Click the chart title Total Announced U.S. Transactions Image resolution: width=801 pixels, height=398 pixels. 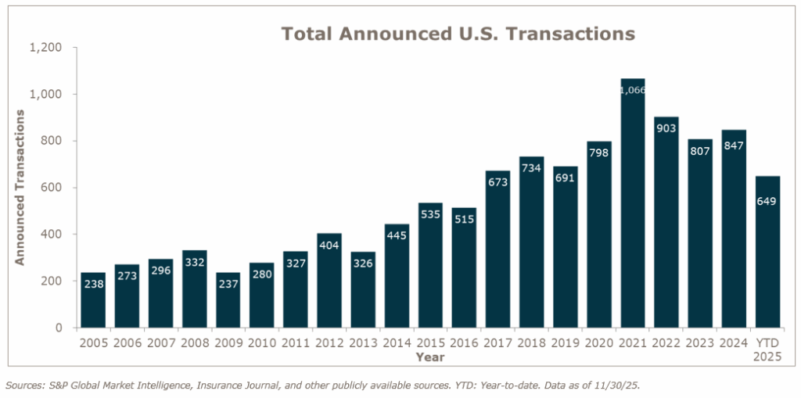(458, 34)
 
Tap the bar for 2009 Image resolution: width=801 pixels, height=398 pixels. (228, 300)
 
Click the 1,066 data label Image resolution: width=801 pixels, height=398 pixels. (632, 90)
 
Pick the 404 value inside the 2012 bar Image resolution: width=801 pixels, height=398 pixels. (329, 246)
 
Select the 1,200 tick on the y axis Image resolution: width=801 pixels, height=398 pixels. (45, 48)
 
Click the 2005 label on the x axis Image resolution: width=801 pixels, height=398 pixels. (92, 342)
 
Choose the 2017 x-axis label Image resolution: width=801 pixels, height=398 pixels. (497, 342)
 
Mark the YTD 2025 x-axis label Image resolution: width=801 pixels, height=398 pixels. (767, 349)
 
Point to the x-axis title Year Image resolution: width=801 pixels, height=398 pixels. (429, 357)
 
